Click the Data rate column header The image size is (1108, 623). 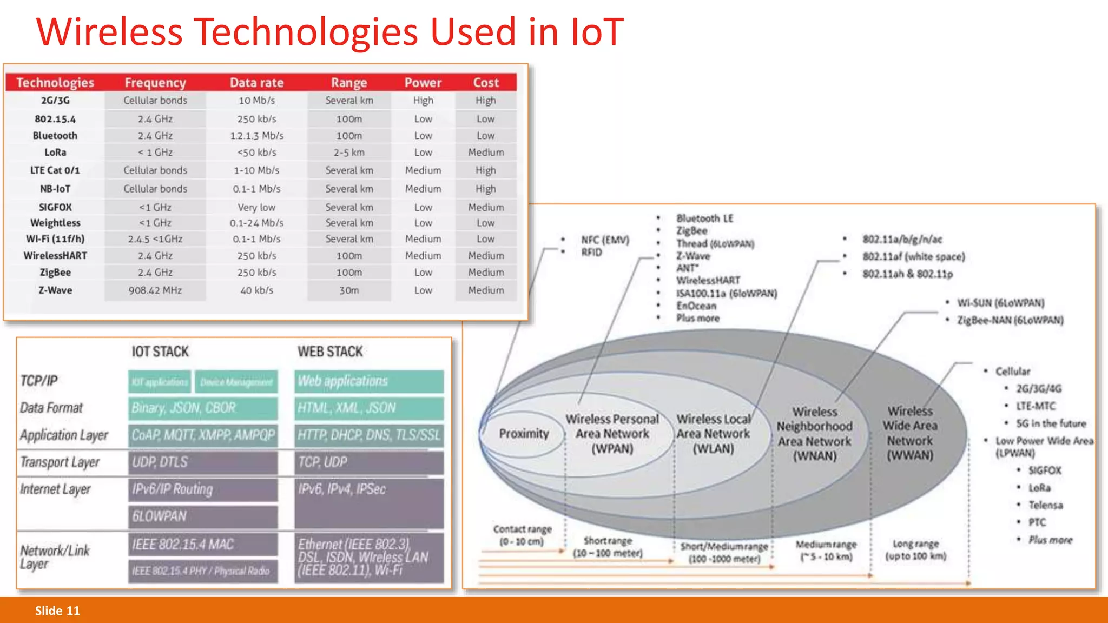coord(256,83)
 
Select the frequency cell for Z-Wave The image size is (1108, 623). coord(155,290)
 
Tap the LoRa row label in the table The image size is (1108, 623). coord(55,153)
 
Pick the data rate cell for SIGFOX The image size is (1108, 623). coord(256,207)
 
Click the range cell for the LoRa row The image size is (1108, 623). coord(349,153)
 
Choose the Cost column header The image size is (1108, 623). coord(486,83)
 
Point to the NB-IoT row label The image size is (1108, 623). coord(55,189)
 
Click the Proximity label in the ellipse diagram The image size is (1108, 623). coord(524,434)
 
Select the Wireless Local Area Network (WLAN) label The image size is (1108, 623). coord(713,434)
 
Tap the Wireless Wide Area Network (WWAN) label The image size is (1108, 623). coord(910,433)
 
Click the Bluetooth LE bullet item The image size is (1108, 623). coord(704,218)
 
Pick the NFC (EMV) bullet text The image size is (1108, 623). coord(605,240)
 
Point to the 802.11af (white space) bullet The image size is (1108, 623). coord(913,257)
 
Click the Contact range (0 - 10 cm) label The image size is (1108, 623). coord(522,535)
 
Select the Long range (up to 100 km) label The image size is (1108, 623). coord(915,549)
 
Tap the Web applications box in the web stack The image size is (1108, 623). coord(369,381)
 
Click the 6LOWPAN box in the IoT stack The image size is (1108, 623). coord(203,516)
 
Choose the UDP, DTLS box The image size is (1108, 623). coord(203,462)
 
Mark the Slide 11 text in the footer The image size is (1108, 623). coord(57,611)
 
